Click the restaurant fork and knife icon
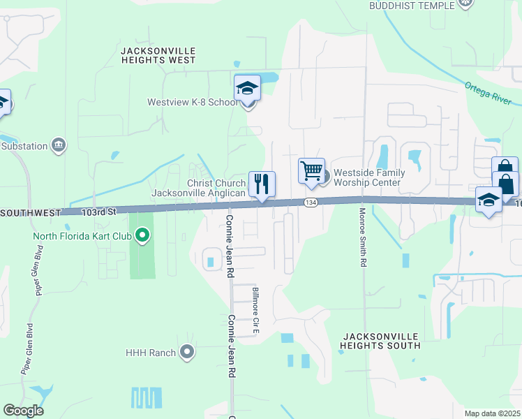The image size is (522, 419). click(262, 184)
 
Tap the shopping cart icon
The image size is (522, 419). click(311, 170)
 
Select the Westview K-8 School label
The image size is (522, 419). click(193, 102)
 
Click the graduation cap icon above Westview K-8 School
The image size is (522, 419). click(247, 89)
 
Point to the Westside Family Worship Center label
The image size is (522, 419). click(366, 177)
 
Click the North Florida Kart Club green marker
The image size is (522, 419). click(143, 235)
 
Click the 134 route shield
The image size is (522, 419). click(311, 202)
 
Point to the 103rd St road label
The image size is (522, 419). click(97, 210)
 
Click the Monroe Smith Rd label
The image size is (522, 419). click(363, 237)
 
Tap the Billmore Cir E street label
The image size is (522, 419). click(256, 307)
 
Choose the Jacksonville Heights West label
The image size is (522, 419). click(158, 55)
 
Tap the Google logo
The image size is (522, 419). click(23, 411)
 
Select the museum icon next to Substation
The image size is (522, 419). click(59, 145)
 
